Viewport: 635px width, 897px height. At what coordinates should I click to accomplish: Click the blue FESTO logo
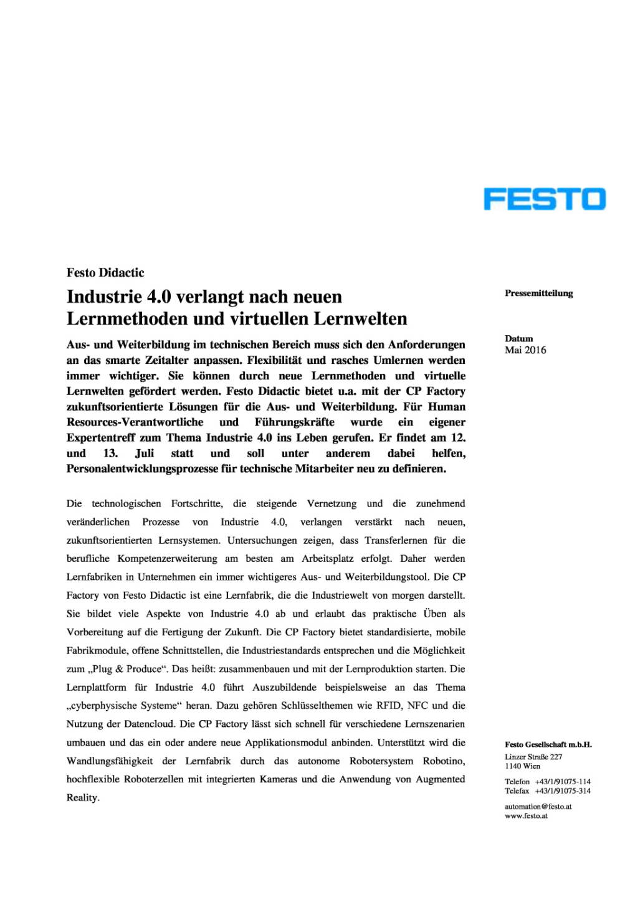[544, 199]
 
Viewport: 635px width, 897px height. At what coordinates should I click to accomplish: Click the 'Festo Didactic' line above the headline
[105, 273]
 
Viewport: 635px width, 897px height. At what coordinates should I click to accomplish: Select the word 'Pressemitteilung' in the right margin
[538, 293]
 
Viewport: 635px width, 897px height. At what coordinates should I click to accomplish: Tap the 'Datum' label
[518, 339]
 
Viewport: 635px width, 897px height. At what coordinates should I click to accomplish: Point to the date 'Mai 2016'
[525, 350]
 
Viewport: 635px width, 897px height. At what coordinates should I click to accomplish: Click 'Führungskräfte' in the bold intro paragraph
[294, 422]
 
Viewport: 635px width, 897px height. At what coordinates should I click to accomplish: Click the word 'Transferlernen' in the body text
[396, 540]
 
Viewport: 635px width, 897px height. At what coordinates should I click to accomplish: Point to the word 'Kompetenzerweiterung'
[168, 559]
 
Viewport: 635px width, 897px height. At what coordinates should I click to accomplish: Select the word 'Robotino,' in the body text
[444, 761]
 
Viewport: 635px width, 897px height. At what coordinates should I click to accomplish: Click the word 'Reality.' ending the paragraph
[83, 798]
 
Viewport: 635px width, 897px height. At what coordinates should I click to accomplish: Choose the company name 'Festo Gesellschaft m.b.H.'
[548, 744]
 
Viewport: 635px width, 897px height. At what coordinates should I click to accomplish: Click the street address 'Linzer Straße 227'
[533, 757]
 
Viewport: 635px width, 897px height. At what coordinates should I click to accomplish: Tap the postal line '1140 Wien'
[522, 766]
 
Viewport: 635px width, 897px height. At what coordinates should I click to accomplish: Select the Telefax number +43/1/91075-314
[563, 791]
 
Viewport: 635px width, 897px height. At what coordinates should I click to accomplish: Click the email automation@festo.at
[538, 807]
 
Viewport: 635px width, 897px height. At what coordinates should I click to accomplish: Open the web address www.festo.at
[526, 816]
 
